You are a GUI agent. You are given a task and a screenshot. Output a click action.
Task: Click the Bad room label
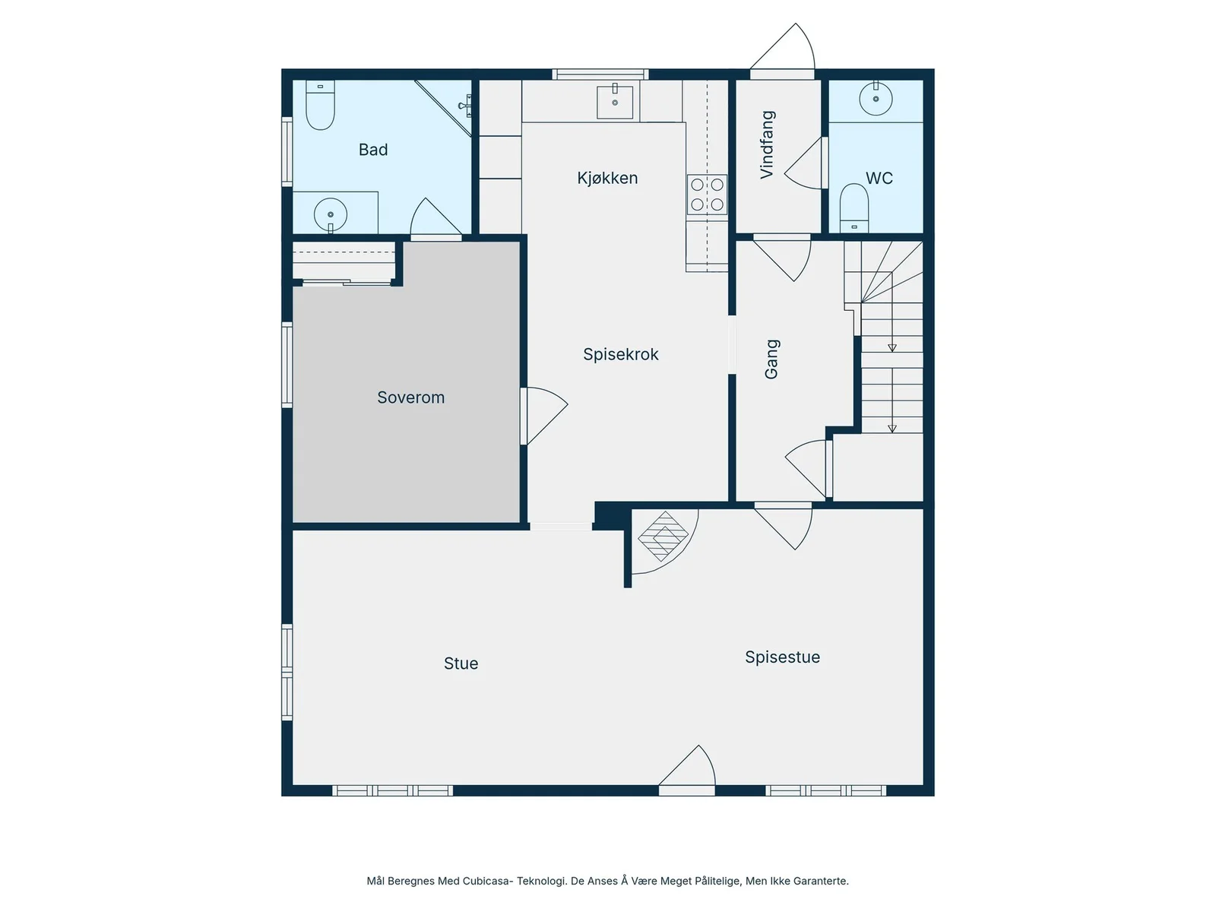click(373, 150)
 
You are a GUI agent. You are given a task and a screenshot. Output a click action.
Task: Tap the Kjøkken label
click(607, 178)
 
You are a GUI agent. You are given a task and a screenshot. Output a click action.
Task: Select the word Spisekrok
click(620, 354)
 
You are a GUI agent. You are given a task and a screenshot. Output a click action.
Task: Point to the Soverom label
click(410, 397)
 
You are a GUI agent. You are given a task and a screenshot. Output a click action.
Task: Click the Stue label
click(461, 663)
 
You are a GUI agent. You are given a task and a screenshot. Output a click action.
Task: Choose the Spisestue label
click(782, 657)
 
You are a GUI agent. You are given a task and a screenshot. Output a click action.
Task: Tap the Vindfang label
click(768, 144)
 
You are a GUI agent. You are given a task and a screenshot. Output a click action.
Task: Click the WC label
click(879, 179)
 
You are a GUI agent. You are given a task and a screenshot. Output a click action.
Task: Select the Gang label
click(771, 359)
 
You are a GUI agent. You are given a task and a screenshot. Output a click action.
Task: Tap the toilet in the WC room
click(853, 208)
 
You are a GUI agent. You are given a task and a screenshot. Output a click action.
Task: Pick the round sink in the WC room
click(876, 99)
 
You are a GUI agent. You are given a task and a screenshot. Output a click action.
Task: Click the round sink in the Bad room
click(331, 215)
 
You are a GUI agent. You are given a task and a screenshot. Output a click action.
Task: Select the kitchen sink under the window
click(614, 102)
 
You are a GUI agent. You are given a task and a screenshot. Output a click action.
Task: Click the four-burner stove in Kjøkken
click(707, 195)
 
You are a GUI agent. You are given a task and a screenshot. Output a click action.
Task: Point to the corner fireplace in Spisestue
click(663, 536)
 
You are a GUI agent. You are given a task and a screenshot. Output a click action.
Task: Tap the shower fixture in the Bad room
click(466, 106)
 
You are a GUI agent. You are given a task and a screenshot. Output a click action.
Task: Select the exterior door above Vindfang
click(783, 50)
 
